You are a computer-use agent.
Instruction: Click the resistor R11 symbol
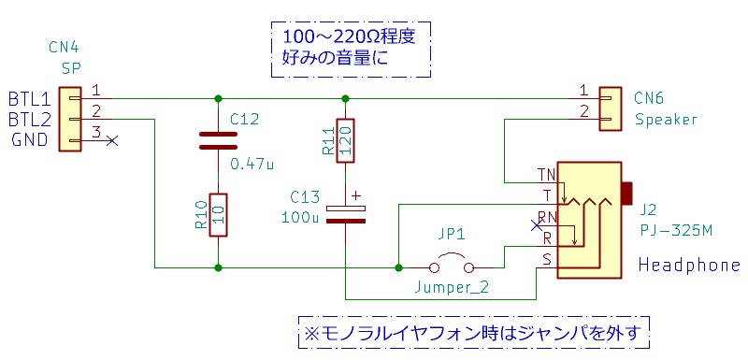tap(345, 140)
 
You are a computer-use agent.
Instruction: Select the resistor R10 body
tap(218, 214)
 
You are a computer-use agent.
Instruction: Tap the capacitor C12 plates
tap(218, 140)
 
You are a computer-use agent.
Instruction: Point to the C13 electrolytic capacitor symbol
tap(345, 214)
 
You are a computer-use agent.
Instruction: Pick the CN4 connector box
tap(69, 119)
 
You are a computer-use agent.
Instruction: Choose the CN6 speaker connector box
tap(611, 108)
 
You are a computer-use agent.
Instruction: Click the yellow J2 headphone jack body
tap(590, 220)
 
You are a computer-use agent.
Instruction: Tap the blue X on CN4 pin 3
tap(111, 140)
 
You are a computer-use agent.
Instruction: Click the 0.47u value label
tap(252, 164)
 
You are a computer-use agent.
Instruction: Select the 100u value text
tap(300, 218)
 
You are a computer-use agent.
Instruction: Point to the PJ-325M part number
tap(676, 231)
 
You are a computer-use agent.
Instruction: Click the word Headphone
tap(689, 265)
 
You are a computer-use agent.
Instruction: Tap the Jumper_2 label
tap(452, 287)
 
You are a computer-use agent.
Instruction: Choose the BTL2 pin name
tap(29, 119)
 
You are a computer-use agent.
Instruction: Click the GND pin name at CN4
tap(30, 140)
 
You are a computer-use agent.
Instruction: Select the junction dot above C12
tap(218, 98)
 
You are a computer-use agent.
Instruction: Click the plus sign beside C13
tap(356, 195)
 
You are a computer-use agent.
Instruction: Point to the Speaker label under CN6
tap(666, 119)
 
